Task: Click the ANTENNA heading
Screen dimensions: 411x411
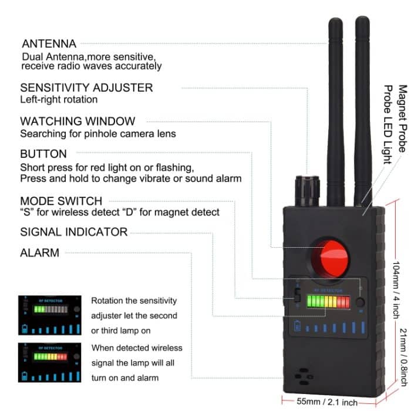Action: click(49, 43)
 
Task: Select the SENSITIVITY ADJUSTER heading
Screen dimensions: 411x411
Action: click(86, 87)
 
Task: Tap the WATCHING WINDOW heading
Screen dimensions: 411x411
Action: click(78, 122)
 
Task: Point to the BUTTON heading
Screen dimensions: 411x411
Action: click(43, 154)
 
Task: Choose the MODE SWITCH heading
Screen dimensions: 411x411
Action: click(61, 201)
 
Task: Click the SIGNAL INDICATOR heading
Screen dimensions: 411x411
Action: click(73, 232)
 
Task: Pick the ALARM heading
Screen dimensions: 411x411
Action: click(39, 253)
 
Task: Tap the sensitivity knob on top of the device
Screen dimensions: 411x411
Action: click(306, 189)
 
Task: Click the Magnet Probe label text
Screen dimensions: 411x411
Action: click(403, 117)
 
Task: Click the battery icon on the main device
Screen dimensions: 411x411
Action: click(298, 327)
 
